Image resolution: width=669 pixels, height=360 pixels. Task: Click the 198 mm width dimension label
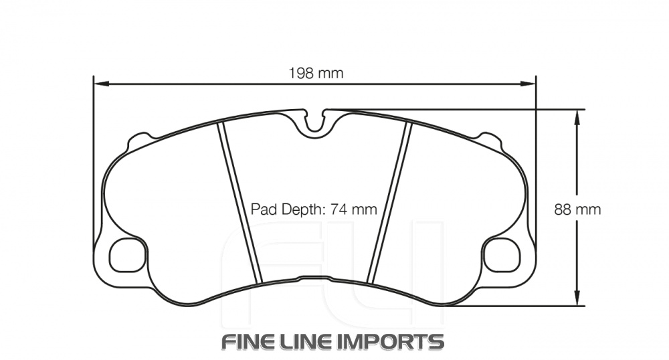[x=316, y=74]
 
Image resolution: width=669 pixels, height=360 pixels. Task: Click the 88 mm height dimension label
[x=577, y=209]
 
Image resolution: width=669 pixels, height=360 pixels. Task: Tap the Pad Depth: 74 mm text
[x=314, y=209]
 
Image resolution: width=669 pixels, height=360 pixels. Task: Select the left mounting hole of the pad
[x=126, y=255]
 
